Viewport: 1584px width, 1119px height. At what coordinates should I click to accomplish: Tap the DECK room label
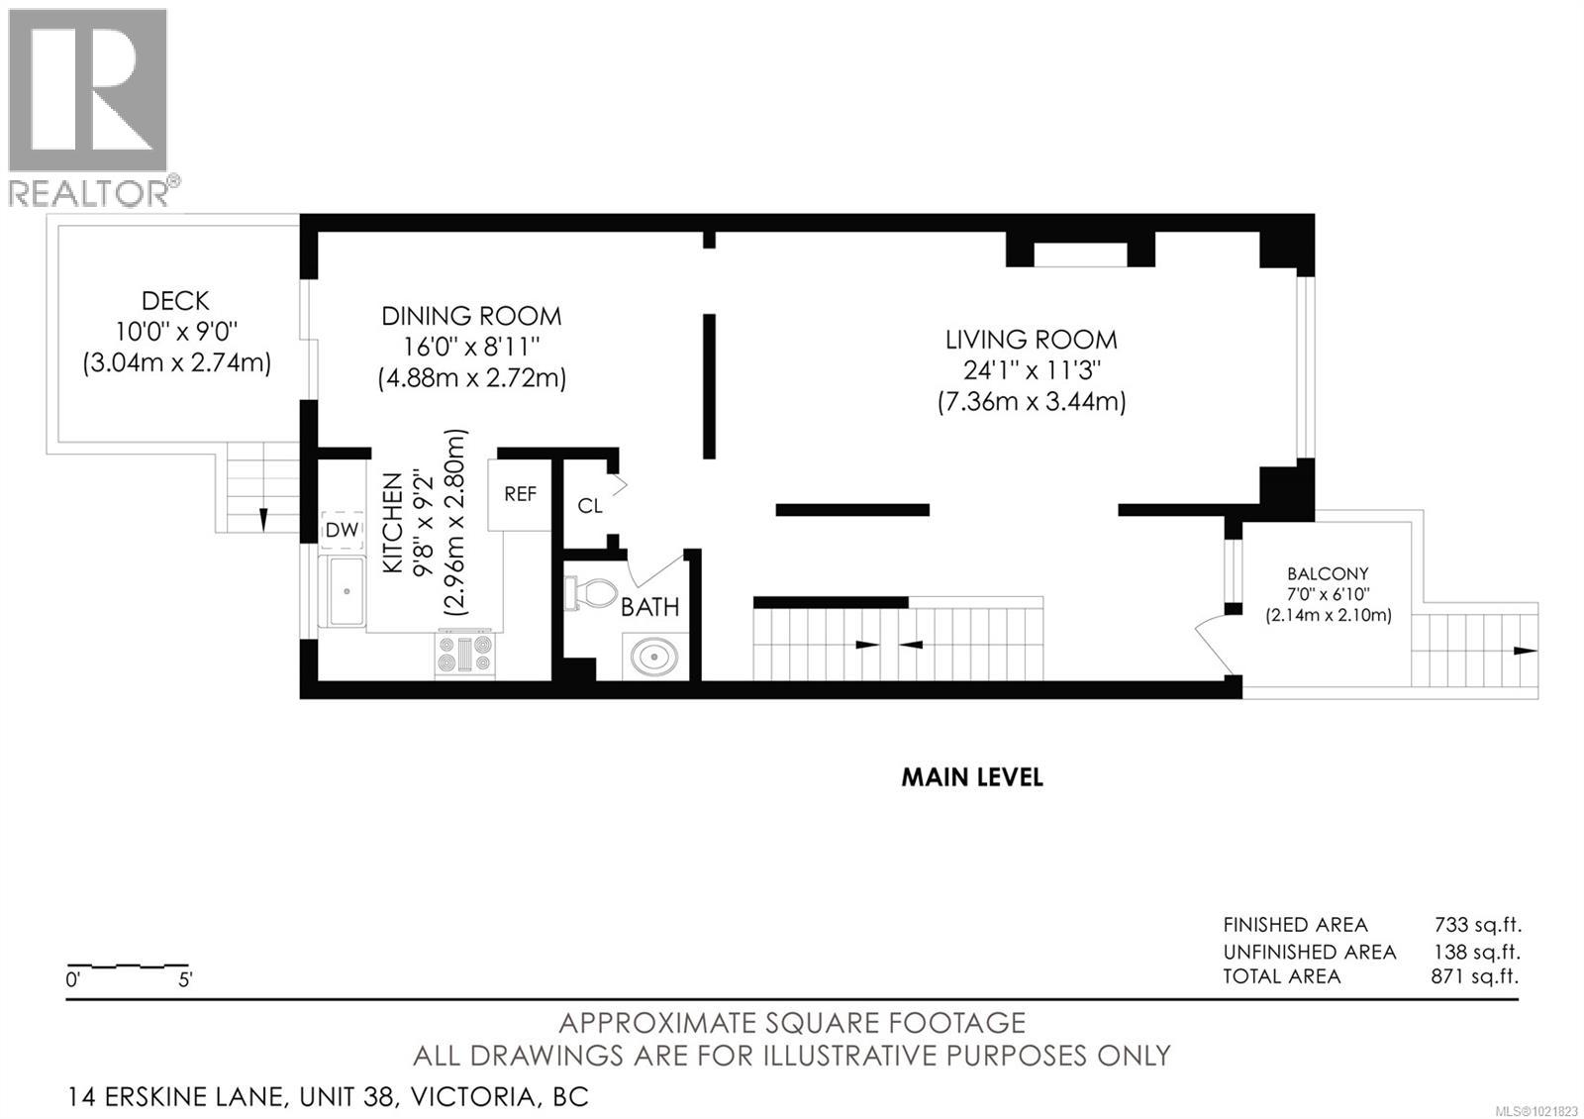(x=175, y=300)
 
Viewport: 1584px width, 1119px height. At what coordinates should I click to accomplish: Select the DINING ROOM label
(x=471, y=316)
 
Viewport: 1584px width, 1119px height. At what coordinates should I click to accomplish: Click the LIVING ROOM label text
(x=1031, y=340)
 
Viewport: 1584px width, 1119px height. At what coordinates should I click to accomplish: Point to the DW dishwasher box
(x=342, y=531)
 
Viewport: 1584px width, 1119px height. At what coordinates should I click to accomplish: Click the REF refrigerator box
(x=520, y=493)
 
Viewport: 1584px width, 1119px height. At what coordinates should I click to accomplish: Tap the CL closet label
(x=590, y=506)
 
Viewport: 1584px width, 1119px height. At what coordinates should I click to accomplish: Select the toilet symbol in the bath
(x=590, y=593)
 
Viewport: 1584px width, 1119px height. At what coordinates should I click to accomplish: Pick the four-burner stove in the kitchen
(x=464, y=655)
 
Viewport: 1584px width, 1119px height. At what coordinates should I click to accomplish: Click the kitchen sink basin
(x=346, y=591)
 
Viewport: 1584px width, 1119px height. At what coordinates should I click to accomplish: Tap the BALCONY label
(x=1328, y=573)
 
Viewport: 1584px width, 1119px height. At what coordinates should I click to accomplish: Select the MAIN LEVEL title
(x=971, y=777)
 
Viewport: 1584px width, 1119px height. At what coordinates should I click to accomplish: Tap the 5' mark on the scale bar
(x=185, y=980)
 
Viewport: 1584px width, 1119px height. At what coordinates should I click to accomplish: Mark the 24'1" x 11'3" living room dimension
(x=1031, y=370)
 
